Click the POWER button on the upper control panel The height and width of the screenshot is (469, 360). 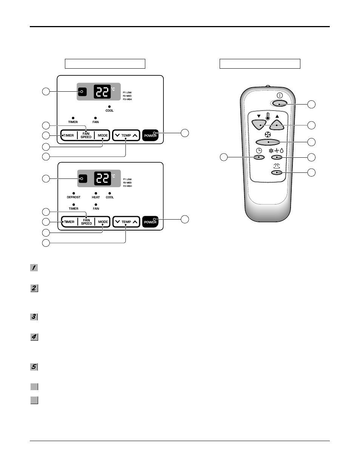click(150, 135)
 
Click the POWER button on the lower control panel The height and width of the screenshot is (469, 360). click(150, 222)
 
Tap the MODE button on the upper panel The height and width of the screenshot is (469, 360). click(103, 135)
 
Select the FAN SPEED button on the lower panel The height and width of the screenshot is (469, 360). click(86, 222)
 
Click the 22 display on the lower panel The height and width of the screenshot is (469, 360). click(102, 178)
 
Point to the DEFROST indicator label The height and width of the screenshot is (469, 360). click(74, 197)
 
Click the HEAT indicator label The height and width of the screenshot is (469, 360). click(96, 197)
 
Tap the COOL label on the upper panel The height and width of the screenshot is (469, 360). click(109, 111)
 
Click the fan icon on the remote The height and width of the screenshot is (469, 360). click(268, 134)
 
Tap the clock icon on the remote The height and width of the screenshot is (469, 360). click(259, 150)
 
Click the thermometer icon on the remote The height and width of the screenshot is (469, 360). click(268, 117)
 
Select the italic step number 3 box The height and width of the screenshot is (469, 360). click(34, 317)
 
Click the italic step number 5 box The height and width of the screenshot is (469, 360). click(34, 366)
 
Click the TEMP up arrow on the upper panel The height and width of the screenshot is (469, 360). click(135, 135)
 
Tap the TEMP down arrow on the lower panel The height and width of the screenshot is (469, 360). click(117, 222)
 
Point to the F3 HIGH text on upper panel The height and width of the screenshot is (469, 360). click(127, 99)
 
